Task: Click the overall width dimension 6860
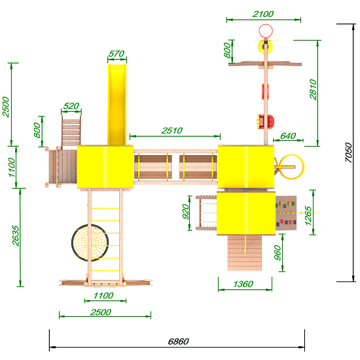(179, 342)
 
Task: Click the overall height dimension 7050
(349, 153)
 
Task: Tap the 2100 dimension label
(263, 14)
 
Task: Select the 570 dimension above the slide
(117, 54)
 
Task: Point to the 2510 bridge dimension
(172, 131)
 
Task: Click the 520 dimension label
(71, 106)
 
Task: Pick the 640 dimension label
(288, 136)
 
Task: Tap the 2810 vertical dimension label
(313, 89)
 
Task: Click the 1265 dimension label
(308, 215)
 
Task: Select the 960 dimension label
(278, 253)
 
